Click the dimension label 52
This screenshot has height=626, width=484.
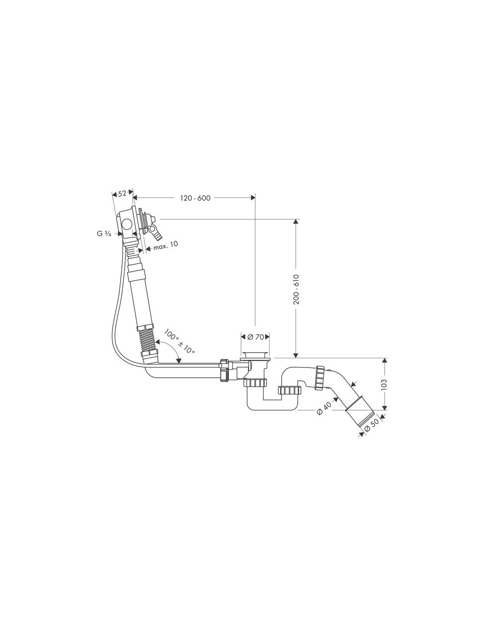pyautogui.click(x=122, y=194)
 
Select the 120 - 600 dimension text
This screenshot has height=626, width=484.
pyautogui.click(x=195, y=198)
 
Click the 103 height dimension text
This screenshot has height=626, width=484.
pyautogui.click(x=384, y=385)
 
